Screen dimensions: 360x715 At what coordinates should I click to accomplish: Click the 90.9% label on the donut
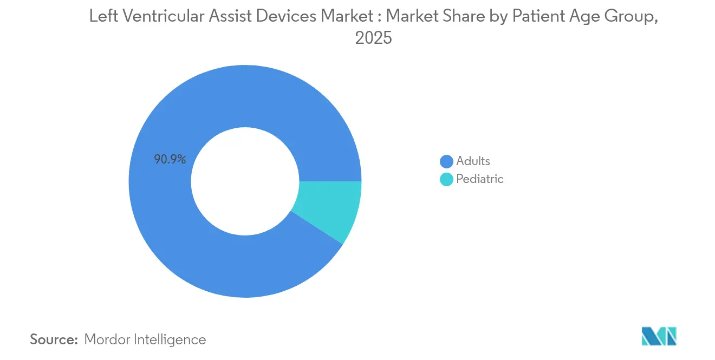click(x=170, y=160)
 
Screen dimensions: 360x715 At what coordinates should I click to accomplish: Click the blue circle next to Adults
click(x=446, y=161)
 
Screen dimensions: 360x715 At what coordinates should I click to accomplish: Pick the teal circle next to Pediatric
click(x=446, y=179)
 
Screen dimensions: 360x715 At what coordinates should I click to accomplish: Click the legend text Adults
click(x=473, y=161)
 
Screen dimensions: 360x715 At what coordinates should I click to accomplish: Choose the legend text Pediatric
click(x=480, y=179)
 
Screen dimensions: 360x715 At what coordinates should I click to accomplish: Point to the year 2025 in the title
click(x=373, y=38)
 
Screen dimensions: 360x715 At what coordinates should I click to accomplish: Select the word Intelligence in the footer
click(x=172, y=339)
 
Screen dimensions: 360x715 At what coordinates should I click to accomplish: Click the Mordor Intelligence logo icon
click(x=659, y=336)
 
